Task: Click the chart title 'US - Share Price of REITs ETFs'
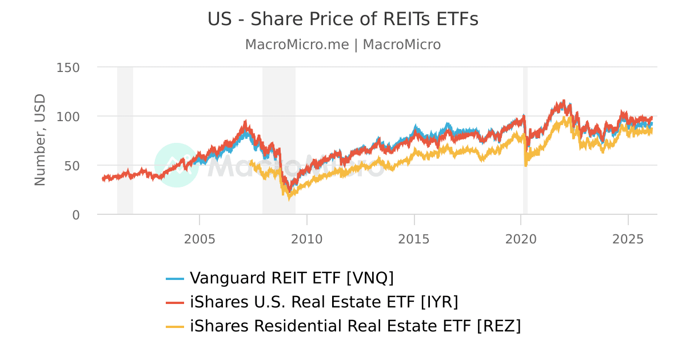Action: (x=342, y=19)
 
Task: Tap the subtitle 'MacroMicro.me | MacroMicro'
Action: (x=342, y=45)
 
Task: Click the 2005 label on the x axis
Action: (x=200, y=238)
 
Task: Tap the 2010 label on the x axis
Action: (x=307, y=238)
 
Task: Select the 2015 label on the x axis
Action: (x=414, y=238)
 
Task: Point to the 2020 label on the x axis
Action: (x=521, y=238)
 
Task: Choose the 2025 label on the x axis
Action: (x=628, y=238)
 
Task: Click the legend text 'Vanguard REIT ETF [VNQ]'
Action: (x=292, y=278)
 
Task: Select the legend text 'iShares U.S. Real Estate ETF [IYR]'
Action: (x=324, y=302)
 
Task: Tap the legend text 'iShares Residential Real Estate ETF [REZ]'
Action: (x=355, y=326)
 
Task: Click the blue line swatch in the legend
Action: (x=175, y=279)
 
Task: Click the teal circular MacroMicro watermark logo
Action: (x=176, y=165)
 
